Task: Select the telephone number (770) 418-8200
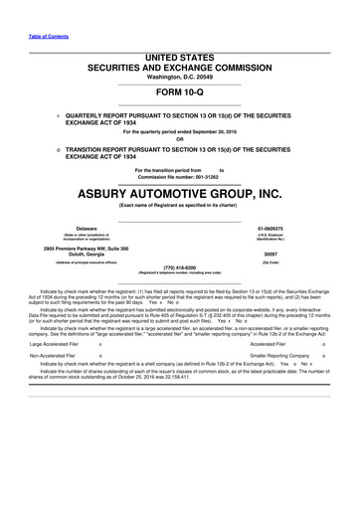click(180, 295)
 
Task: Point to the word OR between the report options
click(180, 138)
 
